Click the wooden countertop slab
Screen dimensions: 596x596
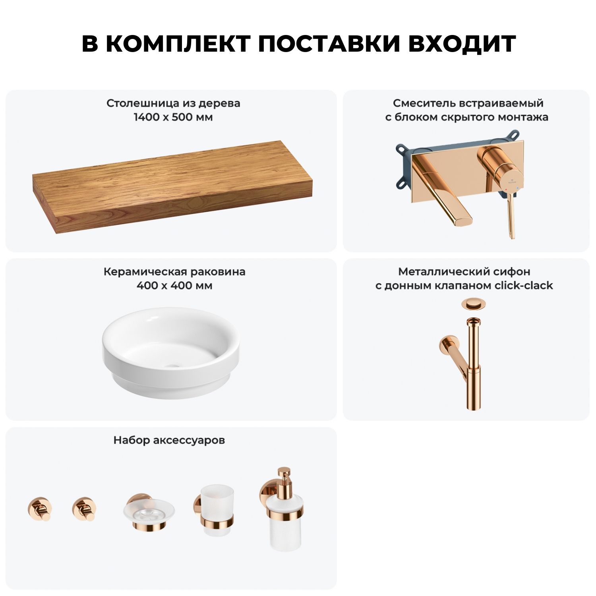172,187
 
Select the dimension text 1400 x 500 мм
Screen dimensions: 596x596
173,117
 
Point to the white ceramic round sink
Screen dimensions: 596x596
171,352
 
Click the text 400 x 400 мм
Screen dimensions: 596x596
174,285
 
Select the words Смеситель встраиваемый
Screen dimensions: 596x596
468,103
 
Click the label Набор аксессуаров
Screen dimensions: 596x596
169,440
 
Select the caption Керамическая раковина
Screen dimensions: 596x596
174,272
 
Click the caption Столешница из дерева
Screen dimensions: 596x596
173,103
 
